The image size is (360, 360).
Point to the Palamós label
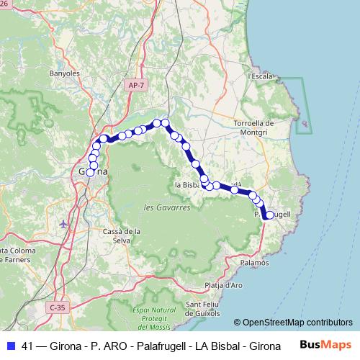point(255,263)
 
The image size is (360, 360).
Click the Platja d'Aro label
point(223,285)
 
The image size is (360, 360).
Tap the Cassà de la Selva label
point(121,235)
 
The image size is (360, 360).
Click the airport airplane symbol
point(64,223)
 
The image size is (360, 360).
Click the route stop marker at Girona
point(91,172)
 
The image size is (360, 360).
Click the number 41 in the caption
point(28,346)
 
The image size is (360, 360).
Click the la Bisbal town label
point(189,185)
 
